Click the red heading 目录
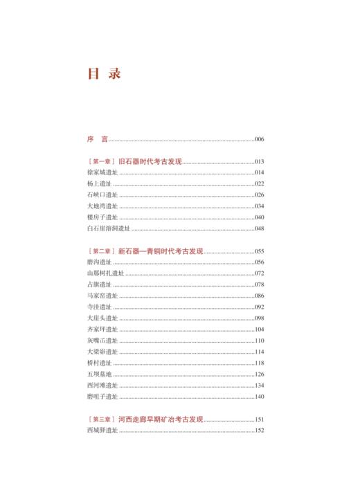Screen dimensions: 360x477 104,74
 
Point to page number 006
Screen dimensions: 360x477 260,139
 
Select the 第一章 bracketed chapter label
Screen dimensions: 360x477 102,161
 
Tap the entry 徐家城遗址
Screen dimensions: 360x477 103,172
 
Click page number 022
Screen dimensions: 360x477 260,183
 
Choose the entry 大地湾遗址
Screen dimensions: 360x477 103,206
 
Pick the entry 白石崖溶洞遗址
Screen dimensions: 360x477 109,228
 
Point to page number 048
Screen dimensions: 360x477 260,228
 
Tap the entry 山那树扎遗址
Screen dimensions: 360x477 106,273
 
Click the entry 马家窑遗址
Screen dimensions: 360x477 103,296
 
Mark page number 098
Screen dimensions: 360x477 260,318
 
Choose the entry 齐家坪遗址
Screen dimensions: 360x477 103,329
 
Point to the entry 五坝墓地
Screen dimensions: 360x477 100,374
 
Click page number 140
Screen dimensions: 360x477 260,396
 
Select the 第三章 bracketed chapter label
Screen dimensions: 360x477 102,419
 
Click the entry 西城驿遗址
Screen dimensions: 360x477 103,430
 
